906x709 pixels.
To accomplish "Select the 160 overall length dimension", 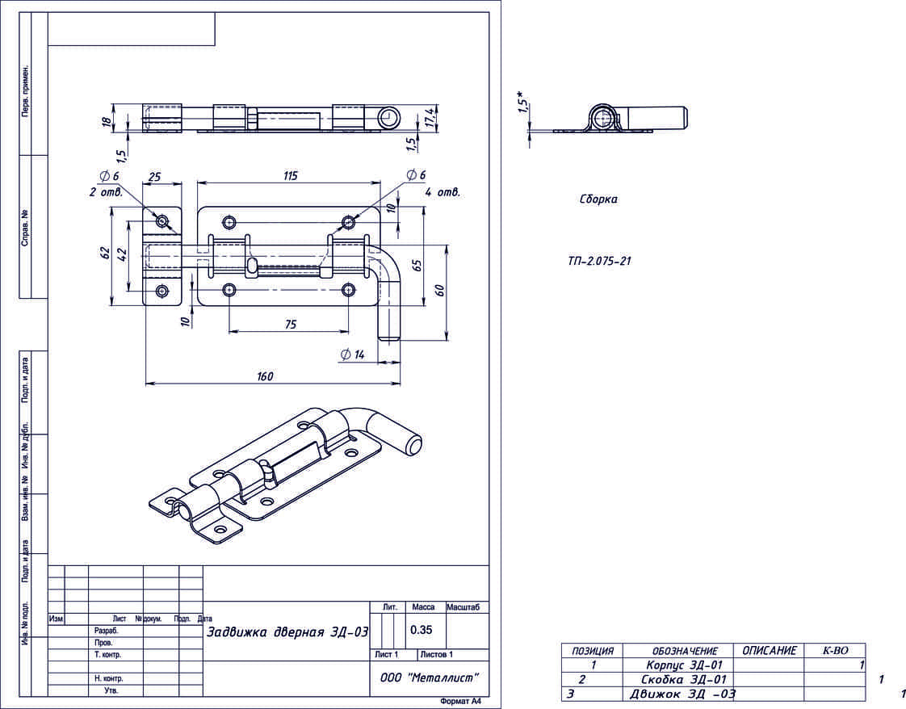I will click(x=266, y=375).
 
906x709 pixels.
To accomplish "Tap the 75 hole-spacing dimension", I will click(x=291, y=324).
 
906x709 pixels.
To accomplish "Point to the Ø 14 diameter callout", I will click(x=354, y=354).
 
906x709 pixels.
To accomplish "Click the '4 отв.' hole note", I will click(x=443, y=192).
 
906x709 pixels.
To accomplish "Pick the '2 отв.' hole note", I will click(x=106, y=192).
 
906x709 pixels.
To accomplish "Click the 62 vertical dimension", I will click(x=105, y=253).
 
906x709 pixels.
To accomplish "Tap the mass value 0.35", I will click(x=421, y=629).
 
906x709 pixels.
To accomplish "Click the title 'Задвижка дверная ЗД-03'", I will click(x=287, y=632).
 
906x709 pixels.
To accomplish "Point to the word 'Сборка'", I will click(x=598, y=199).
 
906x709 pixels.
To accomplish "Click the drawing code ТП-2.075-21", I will click(x=598, y=261).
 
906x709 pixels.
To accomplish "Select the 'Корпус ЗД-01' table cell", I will click(x=684, y=665).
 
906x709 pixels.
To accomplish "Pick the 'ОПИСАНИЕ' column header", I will click(x=769, y=650).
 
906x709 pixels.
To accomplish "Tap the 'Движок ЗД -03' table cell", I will click(x=682, y=694).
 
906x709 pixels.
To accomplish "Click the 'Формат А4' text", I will click(x=460, y=702).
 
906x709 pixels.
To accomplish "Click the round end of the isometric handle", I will click(x=413, y=444).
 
